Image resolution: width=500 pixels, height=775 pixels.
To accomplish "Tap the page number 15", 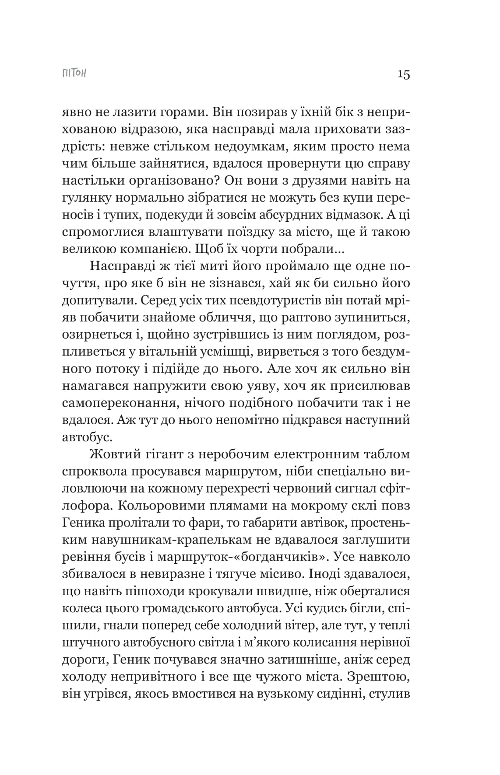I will click(404, 74).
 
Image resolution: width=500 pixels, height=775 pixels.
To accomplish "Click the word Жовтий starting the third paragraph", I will click(113, 454).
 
